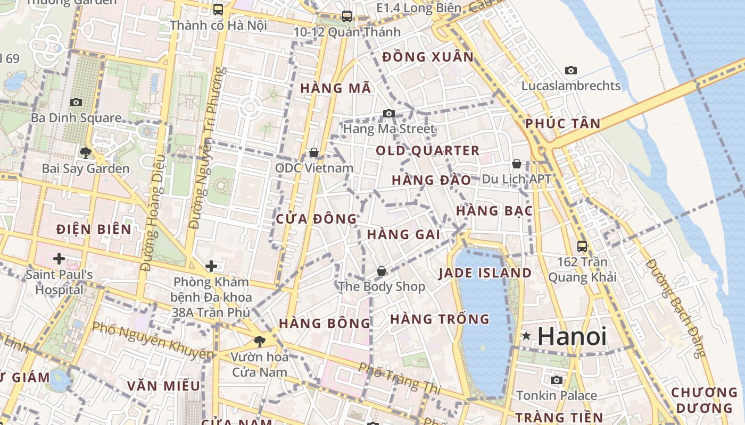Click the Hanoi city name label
(x=572, y=337)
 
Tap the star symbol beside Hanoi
(x=526, y=336)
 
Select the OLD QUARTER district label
(x=428, y=151)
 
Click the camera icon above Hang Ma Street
(x=389, y=113)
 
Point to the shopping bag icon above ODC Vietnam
(x=314, y=153)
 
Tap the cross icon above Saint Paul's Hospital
(x=59, y=259)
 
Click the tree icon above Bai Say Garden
(x=85, y=154)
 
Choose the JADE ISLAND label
(x=485, y=273)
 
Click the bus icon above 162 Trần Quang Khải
(x=582, y=246)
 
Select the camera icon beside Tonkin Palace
(x=557, y=380)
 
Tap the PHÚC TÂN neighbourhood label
(x=563, y=124)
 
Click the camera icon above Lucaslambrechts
(x=571, y=70)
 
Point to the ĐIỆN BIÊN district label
(x=94, y=229)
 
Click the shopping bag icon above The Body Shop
(x=382, y=271)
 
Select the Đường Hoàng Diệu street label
(x=153, y=213)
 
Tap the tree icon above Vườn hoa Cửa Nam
(x=260, y=341)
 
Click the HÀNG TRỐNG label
(x=440, y=319)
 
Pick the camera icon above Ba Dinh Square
(x=76, y=102)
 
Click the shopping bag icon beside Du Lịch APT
(x=516, y=164)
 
